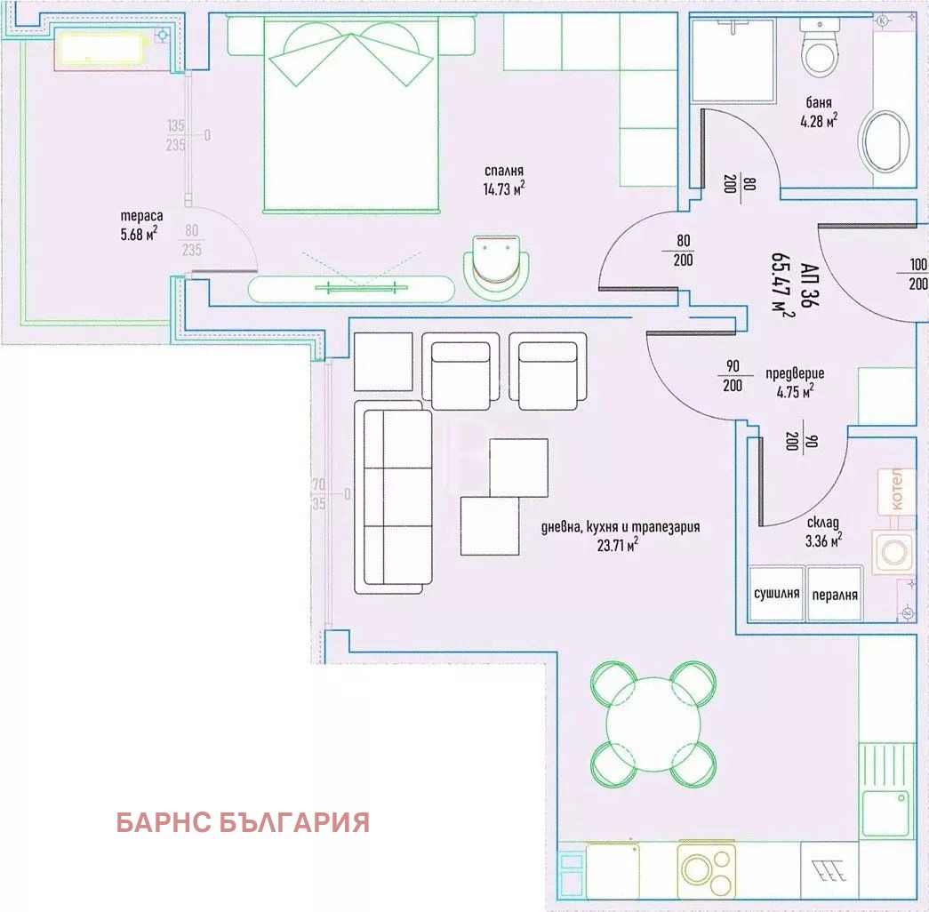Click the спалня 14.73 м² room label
[x=503, y=180]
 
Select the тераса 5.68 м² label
[x=140, y=225]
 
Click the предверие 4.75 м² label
[x=794, y=380]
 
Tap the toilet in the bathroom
[x=819, y=51]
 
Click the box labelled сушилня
[x=776, y=594]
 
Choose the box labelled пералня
[x=835, y=594]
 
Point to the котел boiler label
[x=896, y=490]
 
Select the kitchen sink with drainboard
[x=886, y=788]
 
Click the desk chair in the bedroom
[x=499, y=266]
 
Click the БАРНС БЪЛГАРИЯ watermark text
[x=242, y=822]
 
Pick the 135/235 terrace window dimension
[x=176, y=136]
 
